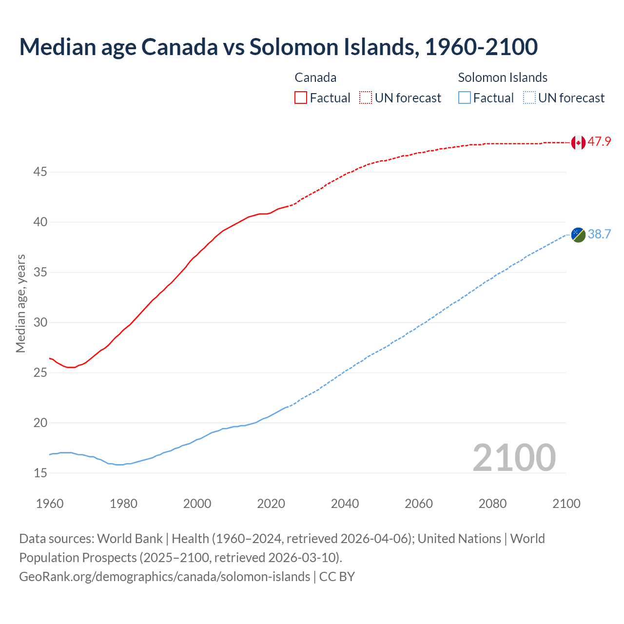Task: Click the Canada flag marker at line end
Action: point(578,142)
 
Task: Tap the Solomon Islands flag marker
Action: point(578,234)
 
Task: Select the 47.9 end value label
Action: point(599,142)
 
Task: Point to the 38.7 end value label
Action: point(599,234)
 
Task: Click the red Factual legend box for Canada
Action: point(301,97)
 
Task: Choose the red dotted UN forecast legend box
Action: point(366,97)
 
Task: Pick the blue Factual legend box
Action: point(465,97)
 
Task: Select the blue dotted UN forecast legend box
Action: point(529,97)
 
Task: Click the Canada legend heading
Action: point(315,78)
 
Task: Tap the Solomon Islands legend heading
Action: point(503,78)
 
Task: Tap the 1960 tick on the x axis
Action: point(50,504)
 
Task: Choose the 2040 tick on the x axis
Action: point(345,504)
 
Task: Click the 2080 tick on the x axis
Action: point(492,504)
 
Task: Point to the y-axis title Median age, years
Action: point(20,303)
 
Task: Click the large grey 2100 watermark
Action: point(514,457)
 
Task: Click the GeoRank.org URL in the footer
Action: point(164,576)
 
